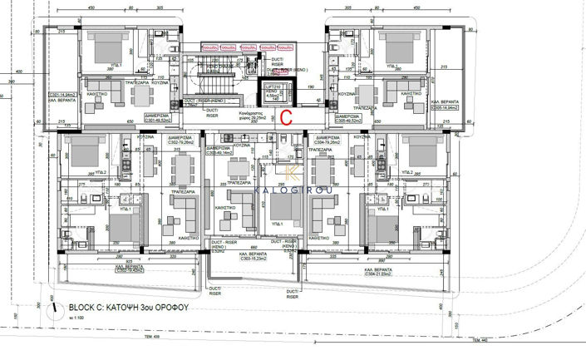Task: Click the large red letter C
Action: (284, 117)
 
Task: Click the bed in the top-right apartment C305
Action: (394, 46)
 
